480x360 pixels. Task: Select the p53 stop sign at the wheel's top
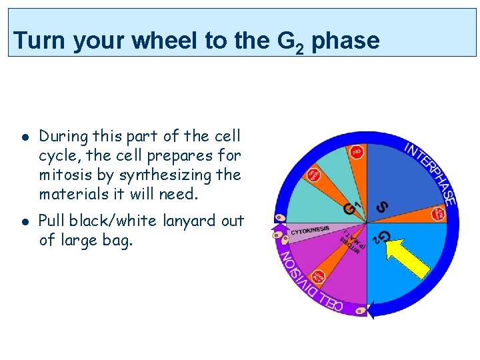(x=357, y=152)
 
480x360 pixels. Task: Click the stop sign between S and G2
(x=438, y=214)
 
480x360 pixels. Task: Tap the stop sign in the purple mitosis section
(x=319, y=276)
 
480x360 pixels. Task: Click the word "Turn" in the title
(x=41, y=41)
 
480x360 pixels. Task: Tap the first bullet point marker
(x=24, y=137)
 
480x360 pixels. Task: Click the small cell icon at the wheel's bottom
(x=360, y=311)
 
